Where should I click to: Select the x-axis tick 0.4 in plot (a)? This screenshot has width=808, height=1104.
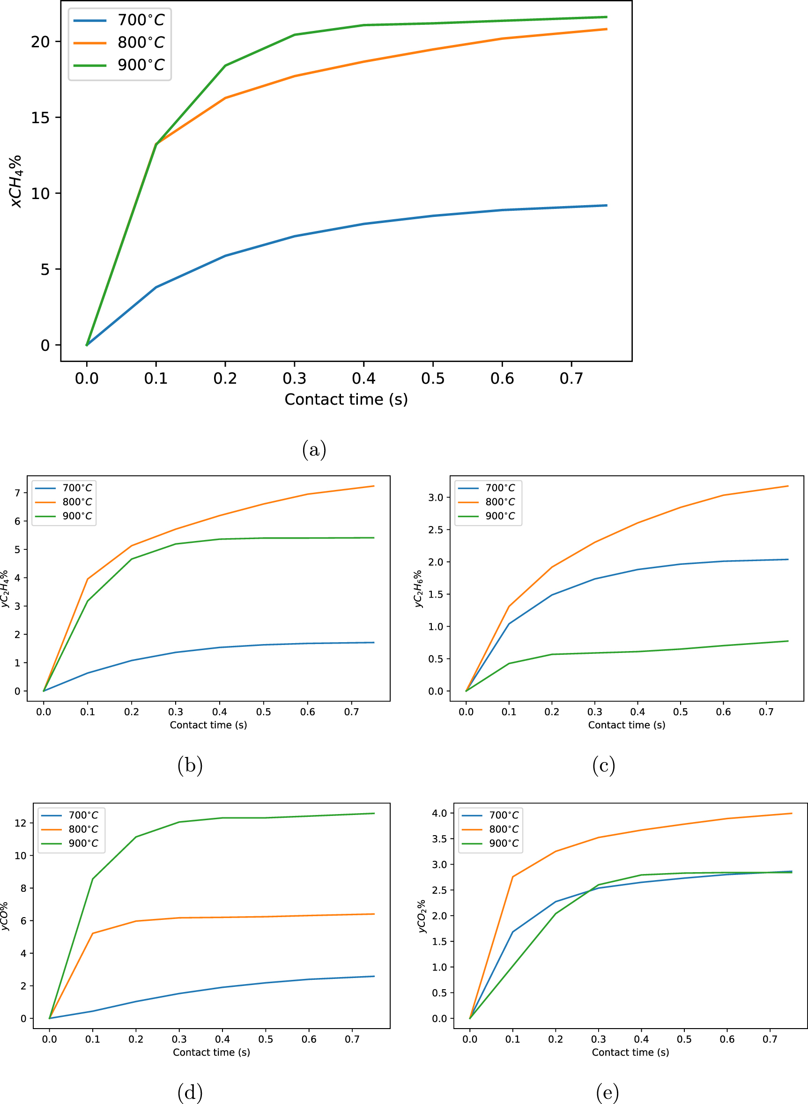tap(363, 378)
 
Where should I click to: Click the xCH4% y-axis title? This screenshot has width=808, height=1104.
tap(16, 181)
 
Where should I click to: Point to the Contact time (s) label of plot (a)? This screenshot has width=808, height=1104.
tap(346, 399)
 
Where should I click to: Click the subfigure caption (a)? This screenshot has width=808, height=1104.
tap(314, 449)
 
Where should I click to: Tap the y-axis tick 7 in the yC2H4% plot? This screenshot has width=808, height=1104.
tap(18, 493)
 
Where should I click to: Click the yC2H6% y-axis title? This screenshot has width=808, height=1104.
tap(418, 589)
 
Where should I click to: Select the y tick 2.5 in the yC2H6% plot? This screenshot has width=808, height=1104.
tap(435, 530)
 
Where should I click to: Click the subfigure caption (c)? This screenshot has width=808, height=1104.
tap(604, 765)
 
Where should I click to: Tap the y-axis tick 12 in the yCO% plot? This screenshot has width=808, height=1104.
tap(21, 823)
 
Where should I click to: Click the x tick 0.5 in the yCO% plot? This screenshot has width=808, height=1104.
tap(266, 1039)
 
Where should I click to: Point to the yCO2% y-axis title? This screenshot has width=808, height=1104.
tap(422, 916)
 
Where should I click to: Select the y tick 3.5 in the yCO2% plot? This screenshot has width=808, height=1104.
tap(439, 839)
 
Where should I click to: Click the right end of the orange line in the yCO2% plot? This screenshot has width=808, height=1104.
tap(791, 814)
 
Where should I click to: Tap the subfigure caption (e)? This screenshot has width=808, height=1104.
tap(608, 1092)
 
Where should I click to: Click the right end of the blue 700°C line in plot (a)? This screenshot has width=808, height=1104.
tap(607, 206)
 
